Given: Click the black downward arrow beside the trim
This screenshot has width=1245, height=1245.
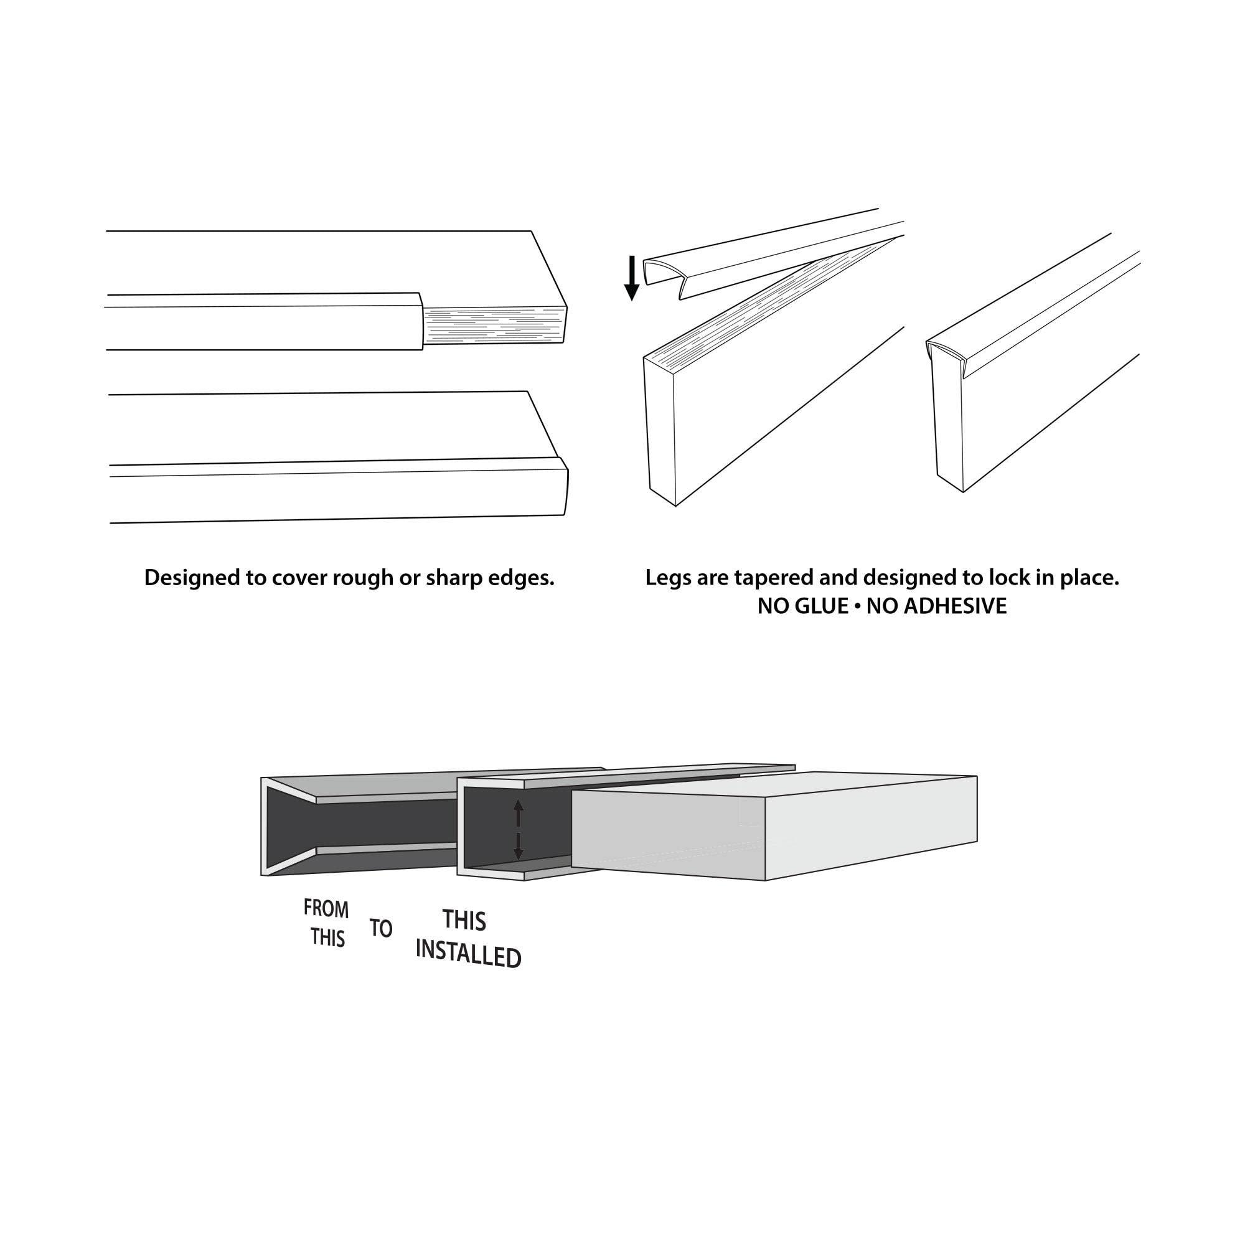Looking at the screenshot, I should pyautogui.click(x=632, y=278).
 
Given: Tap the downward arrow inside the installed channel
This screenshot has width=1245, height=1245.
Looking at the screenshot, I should pyautogui.click(x=518, y=846).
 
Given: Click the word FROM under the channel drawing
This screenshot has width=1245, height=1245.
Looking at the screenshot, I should pyautogui.click(x=326, y=909).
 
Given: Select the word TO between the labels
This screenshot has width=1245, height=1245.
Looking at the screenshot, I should pyautogui.click(x=381, y=929).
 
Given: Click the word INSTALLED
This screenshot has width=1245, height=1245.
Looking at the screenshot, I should pyautogui.click(x=468, y=956).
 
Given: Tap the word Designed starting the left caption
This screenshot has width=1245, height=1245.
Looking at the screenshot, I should pyautogui.click(x=190, y=578).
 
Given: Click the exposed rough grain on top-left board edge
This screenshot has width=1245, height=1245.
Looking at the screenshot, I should pyautogui.click(x=493, y=326).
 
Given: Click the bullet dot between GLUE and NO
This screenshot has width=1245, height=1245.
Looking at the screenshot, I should pyautogui.click(x=858, y=607).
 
